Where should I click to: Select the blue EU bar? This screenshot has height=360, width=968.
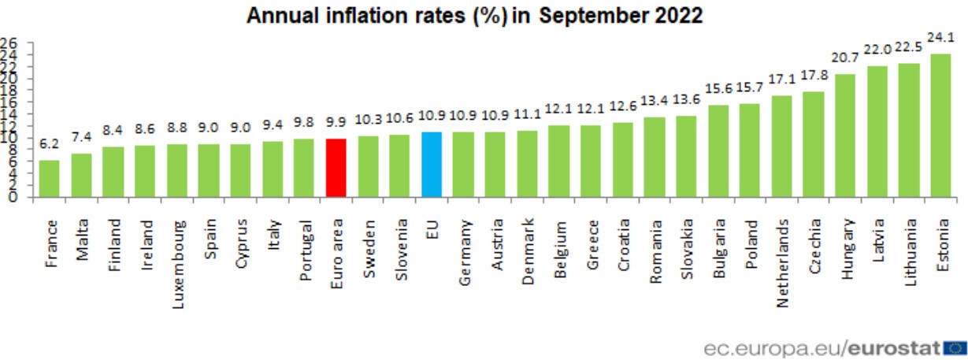pyautogui.click(x=432, y=165)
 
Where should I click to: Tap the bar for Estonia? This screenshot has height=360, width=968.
pyautogui.click(x=940, y=126)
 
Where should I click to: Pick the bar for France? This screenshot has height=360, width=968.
pyautogui.click(x=49, y=179)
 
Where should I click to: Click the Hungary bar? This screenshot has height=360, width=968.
pyautogui.click(x=844, y=135)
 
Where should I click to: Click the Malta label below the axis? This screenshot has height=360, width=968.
pyautogui.click(x=81, y=228)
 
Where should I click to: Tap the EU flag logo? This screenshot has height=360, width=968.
pyautogui.click(x=955, y=347)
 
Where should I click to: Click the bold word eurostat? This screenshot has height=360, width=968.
pyautogui.click(x=897, y=347)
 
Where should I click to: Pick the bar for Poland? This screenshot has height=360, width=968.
pyautogui.click(x=749, y=150)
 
